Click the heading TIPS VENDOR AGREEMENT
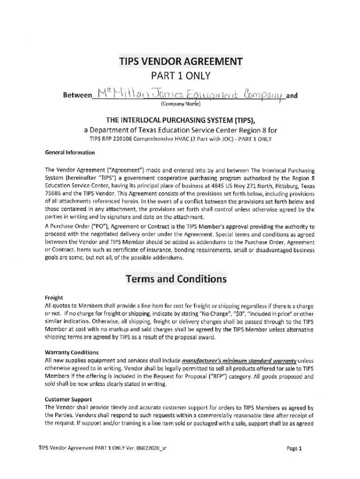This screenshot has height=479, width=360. pyautogui.click(x=180, y=62)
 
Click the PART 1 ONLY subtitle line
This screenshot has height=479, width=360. pyautogui.click(x=180, y=76)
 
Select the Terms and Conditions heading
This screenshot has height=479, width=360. pyautogui.click(x=176, y=279)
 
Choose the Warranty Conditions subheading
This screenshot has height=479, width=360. pyautogui.click(x=72, y=352)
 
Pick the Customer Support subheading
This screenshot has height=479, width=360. pyautogui.click(x=68, y=399)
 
